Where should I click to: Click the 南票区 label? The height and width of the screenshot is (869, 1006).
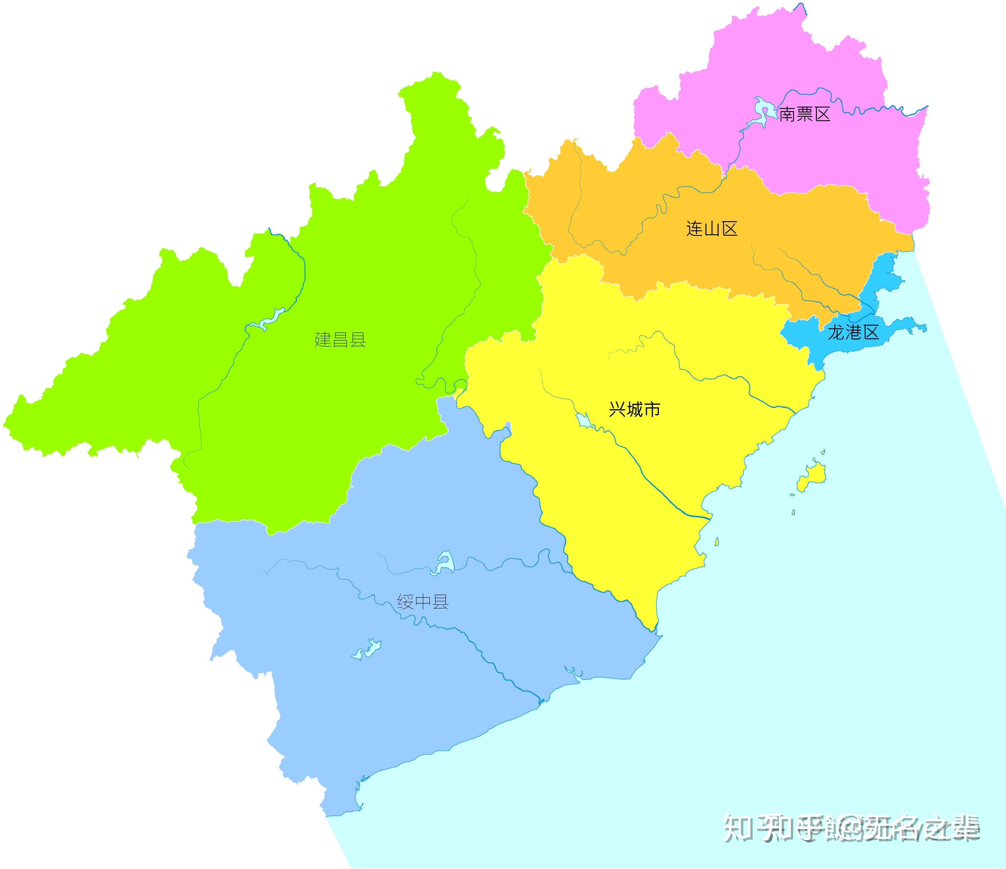805,115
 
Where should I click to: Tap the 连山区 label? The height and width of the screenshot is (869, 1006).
712,228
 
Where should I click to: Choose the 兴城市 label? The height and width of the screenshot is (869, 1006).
634,409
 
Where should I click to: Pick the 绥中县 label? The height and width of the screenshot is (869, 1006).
422,602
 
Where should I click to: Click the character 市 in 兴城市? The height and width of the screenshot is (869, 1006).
652,409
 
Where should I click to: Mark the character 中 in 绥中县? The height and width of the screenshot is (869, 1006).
422,602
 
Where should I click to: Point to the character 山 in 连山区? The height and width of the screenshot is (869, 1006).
712,228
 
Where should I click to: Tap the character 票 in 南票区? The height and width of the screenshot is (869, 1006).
805,115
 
